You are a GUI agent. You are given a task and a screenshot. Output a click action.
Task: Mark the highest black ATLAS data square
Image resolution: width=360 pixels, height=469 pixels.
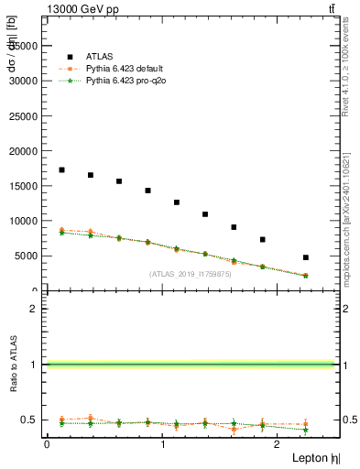[x=61, y=169]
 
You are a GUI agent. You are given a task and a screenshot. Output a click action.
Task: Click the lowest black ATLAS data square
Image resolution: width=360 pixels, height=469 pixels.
[x=305, y=257]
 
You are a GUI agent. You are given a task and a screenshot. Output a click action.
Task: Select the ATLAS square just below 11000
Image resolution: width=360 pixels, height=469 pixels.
[x=205, y=214]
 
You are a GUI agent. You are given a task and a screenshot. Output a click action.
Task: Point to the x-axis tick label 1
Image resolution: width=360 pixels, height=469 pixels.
[x=163, y=444]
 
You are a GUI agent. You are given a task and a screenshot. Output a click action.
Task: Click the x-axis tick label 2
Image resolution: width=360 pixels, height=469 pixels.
[x=278, y=444]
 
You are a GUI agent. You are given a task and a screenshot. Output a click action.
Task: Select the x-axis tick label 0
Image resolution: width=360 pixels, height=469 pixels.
[x=47, y=444]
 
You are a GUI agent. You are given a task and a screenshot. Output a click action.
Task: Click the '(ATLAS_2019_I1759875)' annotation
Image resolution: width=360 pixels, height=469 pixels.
[x=191, y=273]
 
